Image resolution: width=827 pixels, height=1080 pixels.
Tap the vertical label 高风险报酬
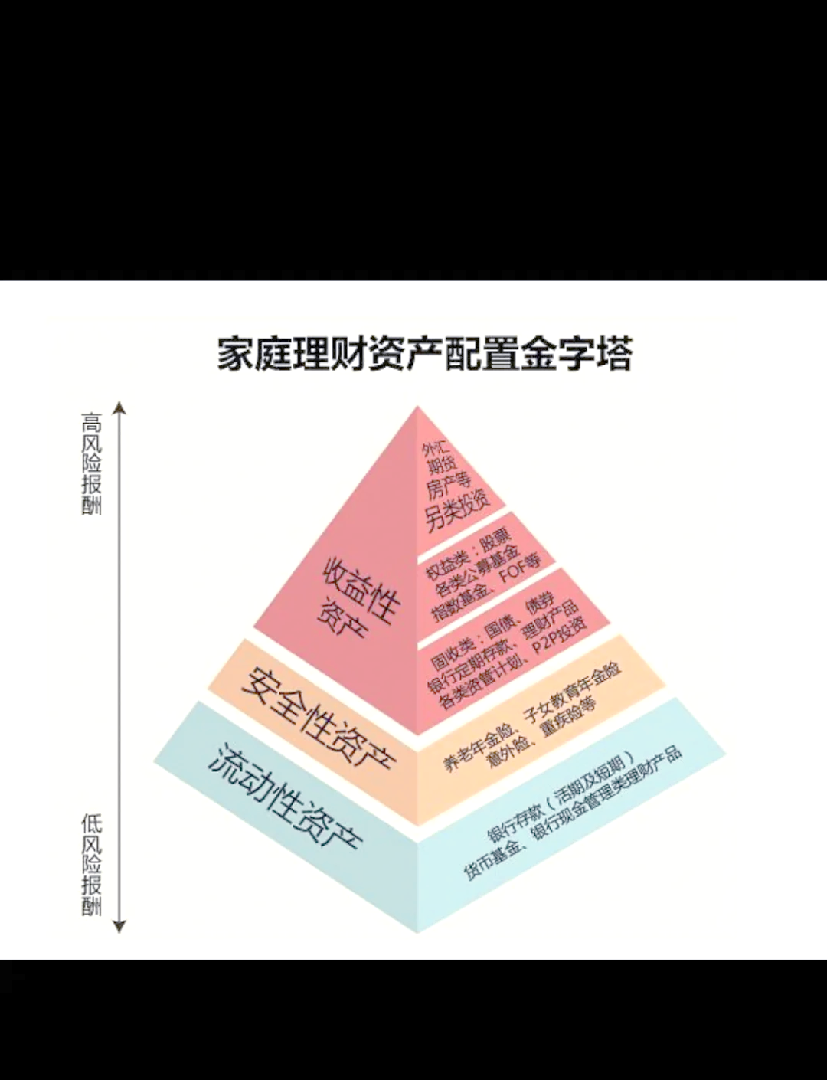point(92,464)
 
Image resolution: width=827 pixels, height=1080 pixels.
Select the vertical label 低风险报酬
point(92,866)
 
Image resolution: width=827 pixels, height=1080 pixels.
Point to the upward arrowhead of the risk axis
point(119,407)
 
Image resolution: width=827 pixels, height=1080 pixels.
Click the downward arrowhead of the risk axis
point(119,926)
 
